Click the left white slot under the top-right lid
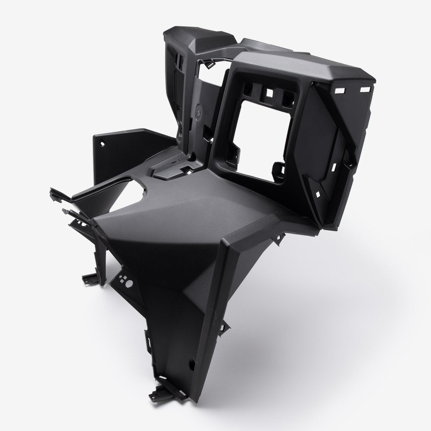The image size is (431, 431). click(340, 91)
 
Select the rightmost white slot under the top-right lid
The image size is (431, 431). click(367, 88)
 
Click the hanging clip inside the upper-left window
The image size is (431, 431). click(209, 63)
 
